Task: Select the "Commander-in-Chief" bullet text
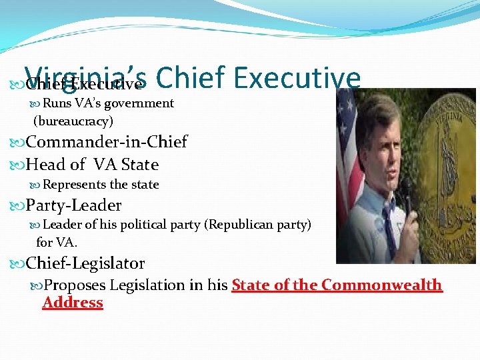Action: pyautogui.click(x=107, y=142)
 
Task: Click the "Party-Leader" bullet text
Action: pyautogui.click(x=73, y=205)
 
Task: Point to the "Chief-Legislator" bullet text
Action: pyautogui.click(x=85, y=263)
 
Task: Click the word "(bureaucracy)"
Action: pyautogui.click(x=73, y=121)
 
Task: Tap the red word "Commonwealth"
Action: pyautogui.click(x=381, y=285)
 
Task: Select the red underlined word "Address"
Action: pyautogui.click(x=73, y=303)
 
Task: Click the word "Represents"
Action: pyautogui.click(x=73, y=185)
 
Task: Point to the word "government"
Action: pyautogui.click(x=137, y=103)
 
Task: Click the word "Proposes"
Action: pyautogui.click(x=74, y=285)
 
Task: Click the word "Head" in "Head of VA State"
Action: pyautogui.click(x=47, y=164)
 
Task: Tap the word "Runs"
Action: pyautogui.click(x=57, y=103)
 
